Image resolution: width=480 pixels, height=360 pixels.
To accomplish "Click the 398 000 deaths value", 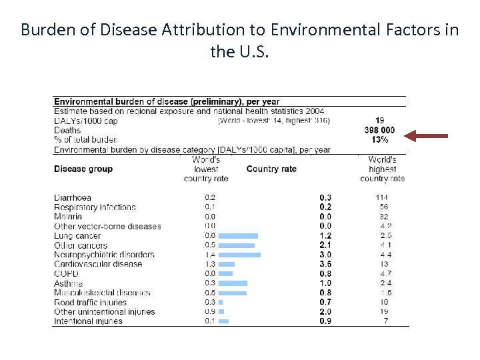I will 379,131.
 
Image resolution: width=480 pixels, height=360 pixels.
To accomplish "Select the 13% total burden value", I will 379,140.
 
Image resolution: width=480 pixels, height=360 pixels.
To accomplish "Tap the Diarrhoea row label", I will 73,198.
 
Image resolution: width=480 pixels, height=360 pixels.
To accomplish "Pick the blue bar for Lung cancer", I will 238,236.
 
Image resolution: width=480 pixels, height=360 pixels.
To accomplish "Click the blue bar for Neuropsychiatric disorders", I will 239,255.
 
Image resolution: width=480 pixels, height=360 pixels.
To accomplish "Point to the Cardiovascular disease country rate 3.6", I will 325,264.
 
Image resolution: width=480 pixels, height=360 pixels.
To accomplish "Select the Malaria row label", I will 68,217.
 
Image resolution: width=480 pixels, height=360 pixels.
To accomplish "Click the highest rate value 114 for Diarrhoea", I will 381,198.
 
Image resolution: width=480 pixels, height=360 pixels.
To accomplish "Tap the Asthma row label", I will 68,283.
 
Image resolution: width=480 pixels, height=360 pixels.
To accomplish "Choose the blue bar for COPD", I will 226,273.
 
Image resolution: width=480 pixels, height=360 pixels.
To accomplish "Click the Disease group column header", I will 83,169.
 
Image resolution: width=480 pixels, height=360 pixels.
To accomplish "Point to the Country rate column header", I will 271,169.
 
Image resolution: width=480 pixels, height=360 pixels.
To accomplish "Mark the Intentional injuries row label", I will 88,321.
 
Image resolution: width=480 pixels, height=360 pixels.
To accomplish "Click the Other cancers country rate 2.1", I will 325,245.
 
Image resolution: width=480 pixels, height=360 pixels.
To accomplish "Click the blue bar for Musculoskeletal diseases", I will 233,293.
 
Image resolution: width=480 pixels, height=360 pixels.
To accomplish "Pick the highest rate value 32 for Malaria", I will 383,217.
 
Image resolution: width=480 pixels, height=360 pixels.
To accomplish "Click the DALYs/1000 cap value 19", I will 379,121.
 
